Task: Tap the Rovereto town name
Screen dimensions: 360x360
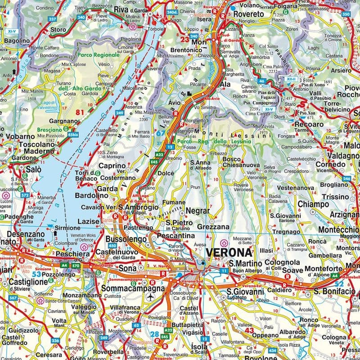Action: pos(248,14)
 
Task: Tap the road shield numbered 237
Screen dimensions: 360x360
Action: pos(53,19)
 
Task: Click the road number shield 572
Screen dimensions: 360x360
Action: pos(25,195)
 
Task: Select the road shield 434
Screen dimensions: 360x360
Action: pos(273,350)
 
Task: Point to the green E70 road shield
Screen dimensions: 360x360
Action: pos(76,266)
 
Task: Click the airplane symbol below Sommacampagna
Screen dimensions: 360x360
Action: pos(150,297)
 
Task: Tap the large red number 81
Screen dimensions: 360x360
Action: pos(81,112)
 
